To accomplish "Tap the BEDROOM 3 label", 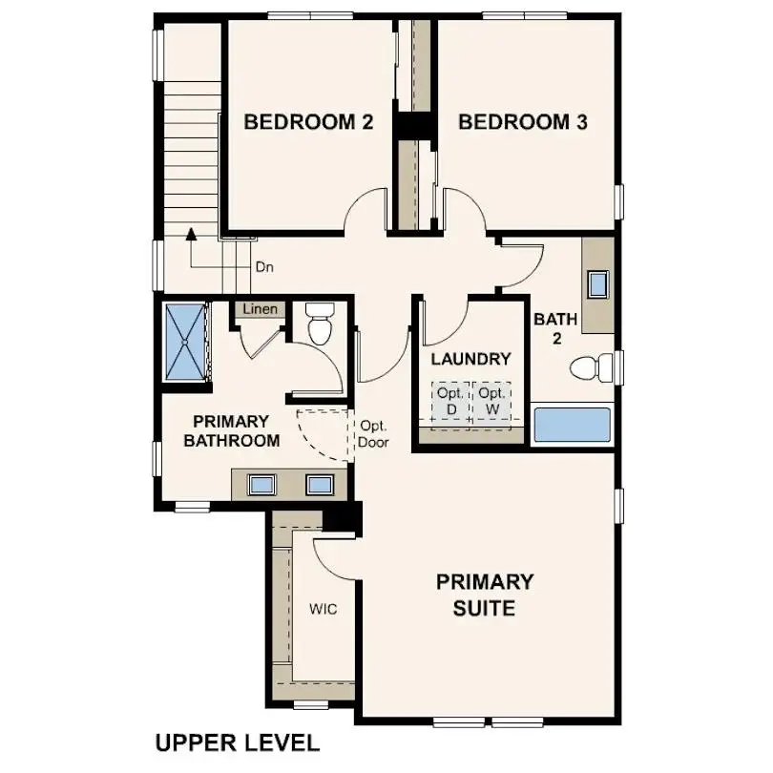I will point(522,122).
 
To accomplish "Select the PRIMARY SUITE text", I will point(485,594).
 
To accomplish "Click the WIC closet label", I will point(323,608).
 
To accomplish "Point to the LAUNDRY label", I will point(470,359).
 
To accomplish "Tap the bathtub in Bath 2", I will point(572,425).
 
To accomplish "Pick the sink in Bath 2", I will point(598,284).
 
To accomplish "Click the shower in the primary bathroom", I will point(186,341).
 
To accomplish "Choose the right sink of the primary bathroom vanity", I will point(319,484).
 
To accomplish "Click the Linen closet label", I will point(260,309).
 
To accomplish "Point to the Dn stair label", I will point(264,268).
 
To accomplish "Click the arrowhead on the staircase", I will point(191,232).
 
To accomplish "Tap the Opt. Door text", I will point(372,434).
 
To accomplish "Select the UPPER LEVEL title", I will point(238,742).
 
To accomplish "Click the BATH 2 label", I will point(549,328).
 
